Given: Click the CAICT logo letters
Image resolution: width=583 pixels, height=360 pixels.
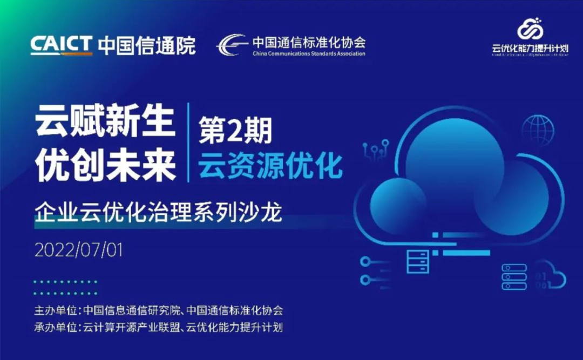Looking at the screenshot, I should coord(61,45).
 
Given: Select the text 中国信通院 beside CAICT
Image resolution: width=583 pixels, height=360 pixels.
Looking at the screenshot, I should coord(146,45).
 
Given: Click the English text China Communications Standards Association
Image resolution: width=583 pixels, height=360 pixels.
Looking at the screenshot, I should coord(308,53).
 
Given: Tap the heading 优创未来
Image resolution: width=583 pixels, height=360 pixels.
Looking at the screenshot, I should coord(106,164).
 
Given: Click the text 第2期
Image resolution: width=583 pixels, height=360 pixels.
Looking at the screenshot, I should coord(235,131).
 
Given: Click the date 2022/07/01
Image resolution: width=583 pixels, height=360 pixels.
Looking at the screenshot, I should coord(79,250).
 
